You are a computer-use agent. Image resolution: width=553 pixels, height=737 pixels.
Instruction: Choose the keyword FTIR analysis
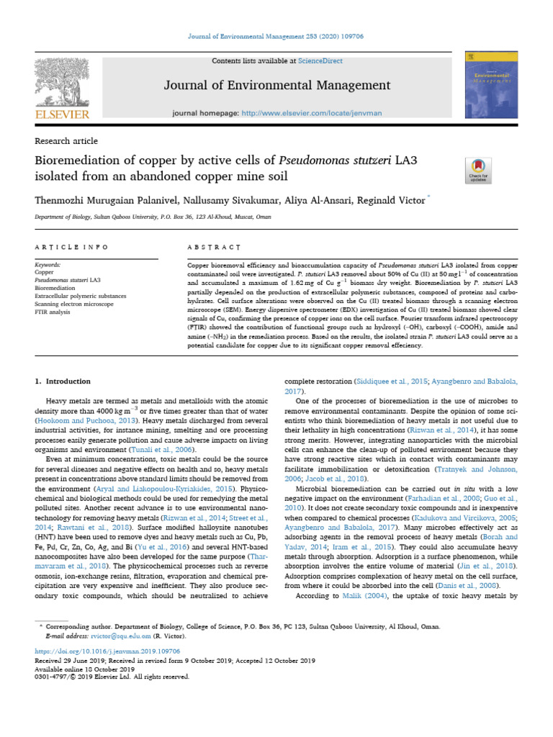(55, 312)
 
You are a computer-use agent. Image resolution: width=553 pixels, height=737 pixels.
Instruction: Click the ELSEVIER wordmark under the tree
(61, 114)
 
